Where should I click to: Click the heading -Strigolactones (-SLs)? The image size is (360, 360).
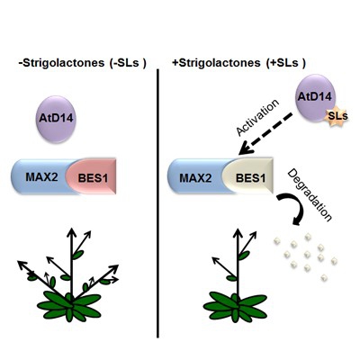click(82, 63)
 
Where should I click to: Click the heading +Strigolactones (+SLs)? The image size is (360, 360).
click(238, 63)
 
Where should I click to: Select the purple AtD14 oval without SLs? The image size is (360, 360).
click(56, 119)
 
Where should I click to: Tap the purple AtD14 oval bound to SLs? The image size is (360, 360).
click(315, 98)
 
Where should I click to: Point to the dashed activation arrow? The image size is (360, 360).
click(265, 133)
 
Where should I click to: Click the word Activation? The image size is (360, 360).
click(257, 118)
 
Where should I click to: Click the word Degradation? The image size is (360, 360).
click(310, 195)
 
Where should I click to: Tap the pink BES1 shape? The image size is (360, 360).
click(93, 176)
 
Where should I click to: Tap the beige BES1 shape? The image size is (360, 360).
click(249, 176)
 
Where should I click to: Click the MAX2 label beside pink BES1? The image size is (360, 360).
click(41, 177)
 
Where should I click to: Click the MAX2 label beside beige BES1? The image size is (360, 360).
click(195, 178)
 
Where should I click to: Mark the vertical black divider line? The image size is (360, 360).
click(157, 203)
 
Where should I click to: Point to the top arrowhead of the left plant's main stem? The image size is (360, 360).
click(71, 231)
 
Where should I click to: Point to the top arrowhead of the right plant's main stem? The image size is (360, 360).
click(238, 232)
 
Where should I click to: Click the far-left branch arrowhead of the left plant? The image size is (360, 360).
click(22, 265)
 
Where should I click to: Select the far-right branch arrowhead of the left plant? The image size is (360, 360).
click(115, 268)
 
